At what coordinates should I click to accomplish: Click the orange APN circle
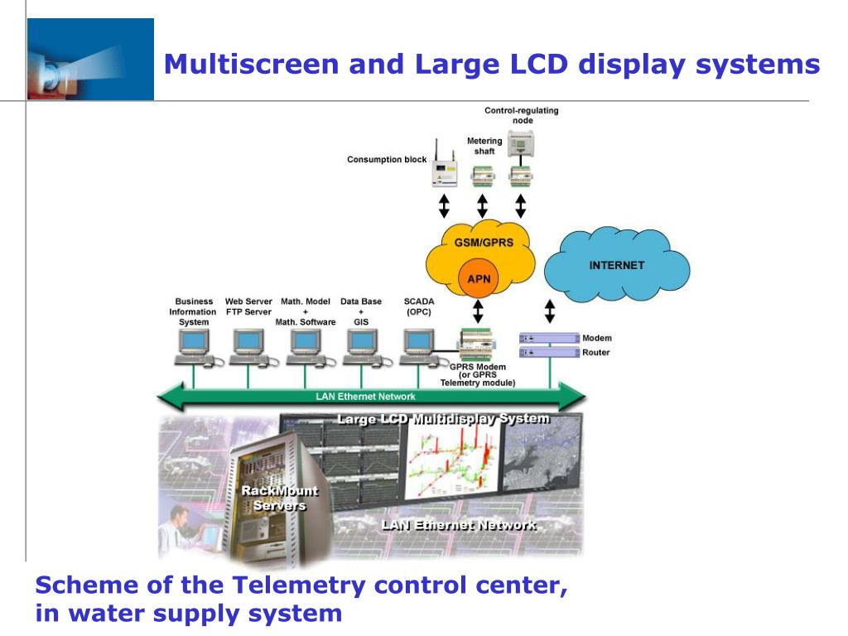(x=478, y=279)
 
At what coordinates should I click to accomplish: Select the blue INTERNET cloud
(x=616, y=266)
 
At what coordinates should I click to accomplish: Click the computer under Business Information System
(x=194, y=347)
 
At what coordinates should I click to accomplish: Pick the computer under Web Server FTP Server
(x=248, y=347)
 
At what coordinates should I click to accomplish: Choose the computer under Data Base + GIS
(x=361, y=347)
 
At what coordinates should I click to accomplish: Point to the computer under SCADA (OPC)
(x=417, y=347)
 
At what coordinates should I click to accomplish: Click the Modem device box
(x=549, y=338)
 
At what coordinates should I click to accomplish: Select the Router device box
(x=549, y=353)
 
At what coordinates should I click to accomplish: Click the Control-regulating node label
(x=521, y=115)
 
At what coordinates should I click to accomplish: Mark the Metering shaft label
(x=484, y=146)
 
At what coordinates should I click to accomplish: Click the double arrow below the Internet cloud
(x=549, y=311)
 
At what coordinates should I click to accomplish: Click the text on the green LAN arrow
(x=365, y=397)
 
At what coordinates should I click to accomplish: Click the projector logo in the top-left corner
(x=90, y=60)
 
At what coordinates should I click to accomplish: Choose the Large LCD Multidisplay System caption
(x=443, y=418)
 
